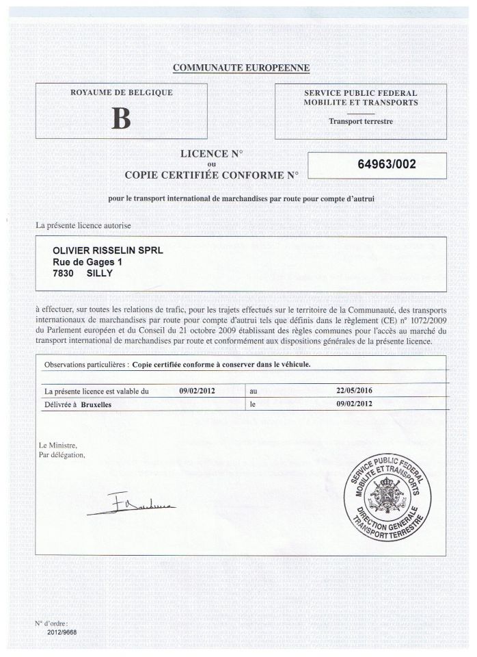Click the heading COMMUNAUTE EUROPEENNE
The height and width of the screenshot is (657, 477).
[x=242, y=68]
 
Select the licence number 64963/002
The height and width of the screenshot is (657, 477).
[x=387, y=164]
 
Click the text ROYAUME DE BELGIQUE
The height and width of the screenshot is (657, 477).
[x=120, y=92]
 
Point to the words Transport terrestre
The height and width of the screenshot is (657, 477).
[x=361, y=122]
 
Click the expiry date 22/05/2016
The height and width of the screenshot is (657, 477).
[x=348, y=391]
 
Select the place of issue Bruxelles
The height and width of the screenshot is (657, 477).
[x=96, y=404]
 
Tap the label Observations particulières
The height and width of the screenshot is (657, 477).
[x=85, y=365]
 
